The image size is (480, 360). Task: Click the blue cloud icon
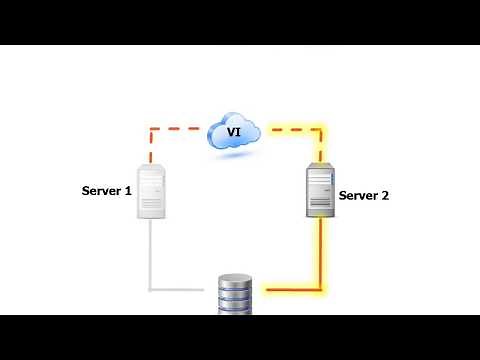pos(235,133)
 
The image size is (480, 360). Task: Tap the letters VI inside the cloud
pos(234,130)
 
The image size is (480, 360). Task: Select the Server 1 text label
pos(106,189)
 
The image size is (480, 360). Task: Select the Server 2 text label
pos(364,196)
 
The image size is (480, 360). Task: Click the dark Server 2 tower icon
pos(320,192)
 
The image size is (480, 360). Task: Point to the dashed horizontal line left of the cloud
pos(180,128)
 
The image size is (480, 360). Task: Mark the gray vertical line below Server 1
pos(151,255)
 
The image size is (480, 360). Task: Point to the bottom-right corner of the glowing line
pos(321,290)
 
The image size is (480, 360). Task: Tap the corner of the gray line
pos(151,290)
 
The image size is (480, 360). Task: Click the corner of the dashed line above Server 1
pos(151,128)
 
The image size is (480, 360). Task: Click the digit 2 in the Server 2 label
pos(384,196)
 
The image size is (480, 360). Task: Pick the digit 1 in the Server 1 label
pos(128,189)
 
